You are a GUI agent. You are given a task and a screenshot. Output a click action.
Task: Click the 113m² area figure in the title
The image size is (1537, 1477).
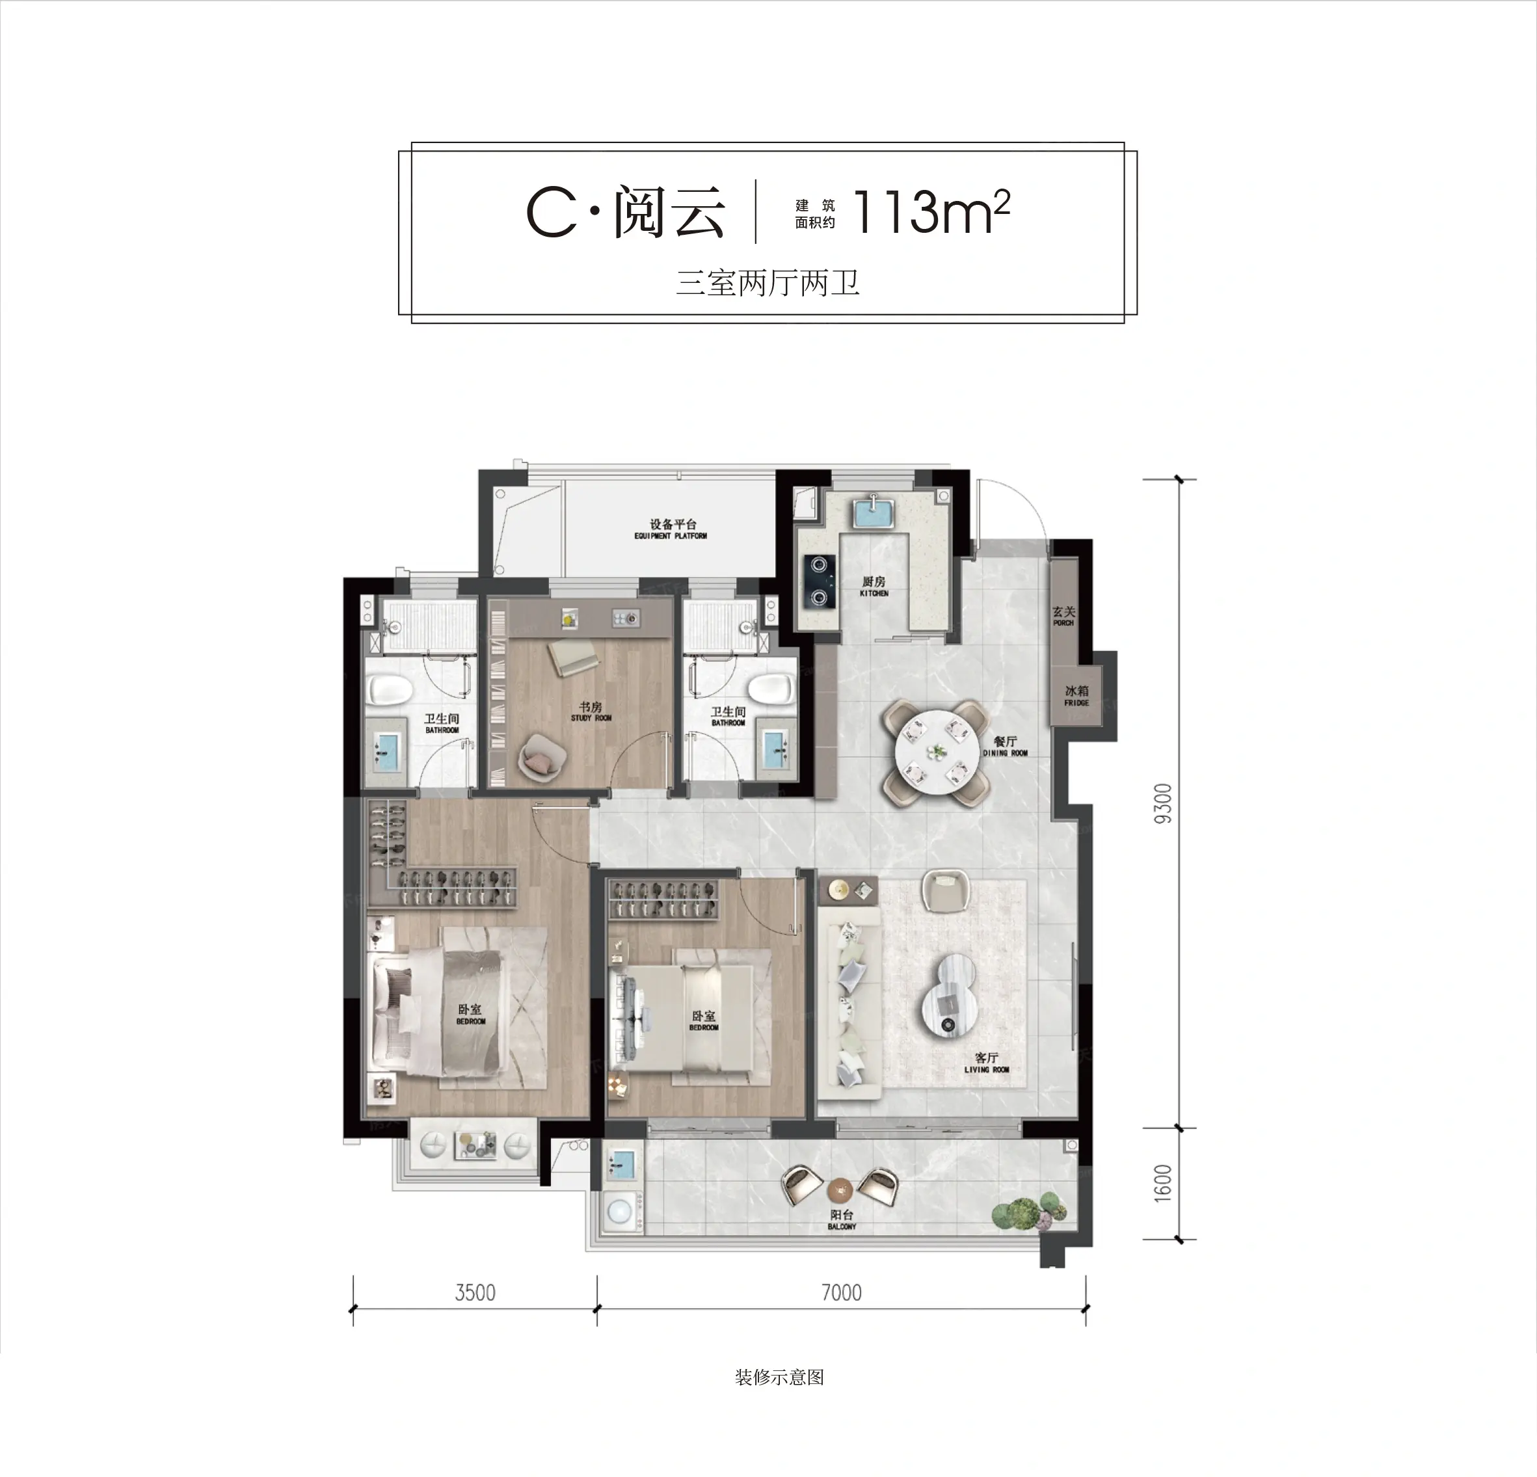931,211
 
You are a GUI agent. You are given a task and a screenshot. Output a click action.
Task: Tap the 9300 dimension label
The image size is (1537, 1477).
1164,804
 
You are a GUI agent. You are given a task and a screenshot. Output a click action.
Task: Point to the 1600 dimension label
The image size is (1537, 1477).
1164,1183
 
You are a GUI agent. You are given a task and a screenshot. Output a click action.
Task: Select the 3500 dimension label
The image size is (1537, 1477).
475,1293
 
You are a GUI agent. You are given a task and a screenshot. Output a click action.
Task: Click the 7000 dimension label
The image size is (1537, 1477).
842,1293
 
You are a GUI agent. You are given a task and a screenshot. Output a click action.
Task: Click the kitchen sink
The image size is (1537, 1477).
874,511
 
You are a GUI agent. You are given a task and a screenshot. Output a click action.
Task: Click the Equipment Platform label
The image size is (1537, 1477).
671,529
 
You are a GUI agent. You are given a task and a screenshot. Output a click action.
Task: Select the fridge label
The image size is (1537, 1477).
1076,695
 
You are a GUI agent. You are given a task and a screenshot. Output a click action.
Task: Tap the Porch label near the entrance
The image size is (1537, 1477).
1063,615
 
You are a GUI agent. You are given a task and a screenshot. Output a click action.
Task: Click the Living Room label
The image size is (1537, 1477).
987,1063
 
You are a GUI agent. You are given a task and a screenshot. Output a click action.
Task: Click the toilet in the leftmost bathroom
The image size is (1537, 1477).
390,691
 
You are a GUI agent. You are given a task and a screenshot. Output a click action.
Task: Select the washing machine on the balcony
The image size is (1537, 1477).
621,1213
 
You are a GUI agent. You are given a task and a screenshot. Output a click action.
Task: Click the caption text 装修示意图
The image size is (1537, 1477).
779,1377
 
